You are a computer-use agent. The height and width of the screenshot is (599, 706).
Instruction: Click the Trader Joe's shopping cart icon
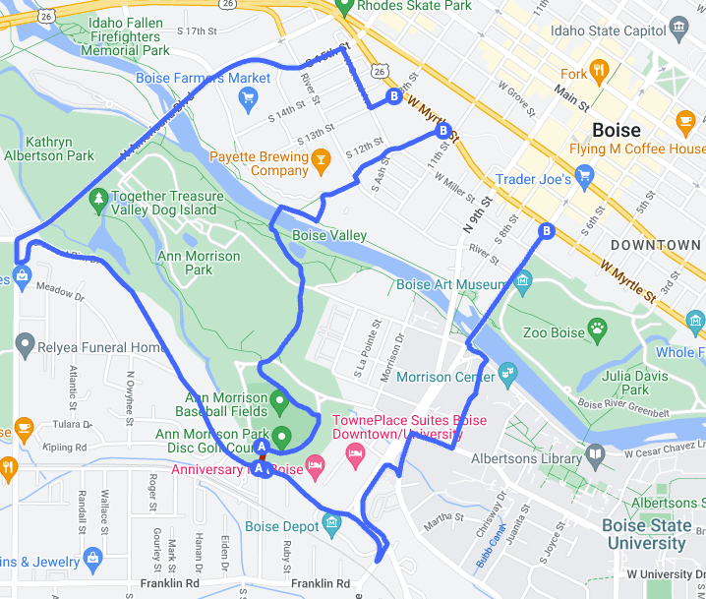586,179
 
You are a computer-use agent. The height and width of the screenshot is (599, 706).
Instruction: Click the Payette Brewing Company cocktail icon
320,157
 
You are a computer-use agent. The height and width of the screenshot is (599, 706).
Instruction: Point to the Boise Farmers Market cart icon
248,97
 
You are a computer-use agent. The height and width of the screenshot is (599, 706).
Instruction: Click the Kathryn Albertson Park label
47,149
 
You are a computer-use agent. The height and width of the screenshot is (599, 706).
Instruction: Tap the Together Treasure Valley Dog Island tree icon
98,202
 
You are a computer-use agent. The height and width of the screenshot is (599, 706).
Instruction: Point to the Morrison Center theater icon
508,373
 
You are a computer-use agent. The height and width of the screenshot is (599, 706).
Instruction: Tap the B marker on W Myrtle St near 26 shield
394,96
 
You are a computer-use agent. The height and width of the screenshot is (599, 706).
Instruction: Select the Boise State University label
646,533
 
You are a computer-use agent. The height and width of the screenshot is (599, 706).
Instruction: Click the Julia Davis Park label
627,382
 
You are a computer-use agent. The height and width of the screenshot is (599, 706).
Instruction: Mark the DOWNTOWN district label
655,245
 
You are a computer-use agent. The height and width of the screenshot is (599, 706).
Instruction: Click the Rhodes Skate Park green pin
344,6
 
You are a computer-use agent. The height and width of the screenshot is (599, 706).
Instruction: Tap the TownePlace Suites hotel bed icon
355,451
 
